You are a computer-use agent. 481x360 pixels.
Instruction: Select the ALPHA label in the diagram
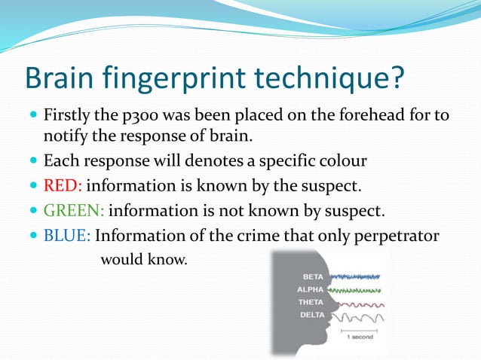[311, 290]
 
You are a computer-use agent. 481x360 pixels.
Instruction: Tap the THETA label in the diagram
[311, 302]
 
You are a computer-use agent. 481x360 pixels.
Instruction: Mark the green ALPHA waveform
[356, 290]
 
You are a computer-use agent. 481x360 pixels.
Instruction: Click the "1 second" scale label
[360, 337]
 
